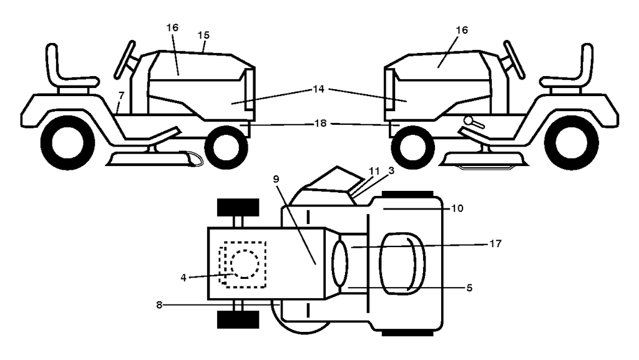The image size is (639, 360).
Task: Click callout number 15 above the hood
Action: [x=204, y=36]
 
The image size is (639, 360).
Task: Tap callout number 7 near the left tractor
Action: [x=121, y=95]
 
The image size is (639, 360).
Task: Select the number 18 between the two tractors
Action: [x=321, y=123]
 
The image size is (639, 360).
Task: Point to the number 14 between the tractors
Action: [x=319, y=89]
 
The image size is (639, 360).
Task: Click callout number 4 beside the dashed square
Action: [x=183, y=278]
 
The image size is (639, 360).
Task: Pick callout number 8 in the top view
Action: [x=159, y=304]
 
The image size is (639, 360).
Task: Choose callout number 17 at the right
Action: [x=495, y=243]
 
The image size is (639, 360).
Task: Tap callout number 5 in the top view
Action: [x=469, y=288]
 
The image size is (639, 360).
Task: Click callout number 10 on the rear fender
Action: [x=457, y=208]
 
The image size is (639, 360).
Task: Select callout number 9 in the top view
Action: [x=276, y=179]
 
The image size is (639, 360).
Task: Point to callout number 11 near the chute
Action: [x=374, y=171]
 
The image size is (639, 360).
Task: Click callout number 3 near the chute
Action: [x=392, y=170]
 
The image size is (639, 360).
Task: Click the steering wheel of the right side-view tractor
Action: [x=514, y=59]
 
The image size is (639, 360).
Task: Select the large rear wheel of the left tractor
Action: [x=67, y=143]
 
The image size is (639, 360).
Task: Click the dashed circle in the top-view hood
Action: [x=245, y=264]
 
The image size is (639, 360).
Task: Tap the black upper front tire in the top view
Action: [x=238, y=207]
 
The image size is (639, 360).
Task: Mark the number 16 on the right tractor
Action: [x=462, y=30]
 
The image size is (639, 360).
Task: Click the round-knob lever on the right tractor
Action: [x=474, y=122]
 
